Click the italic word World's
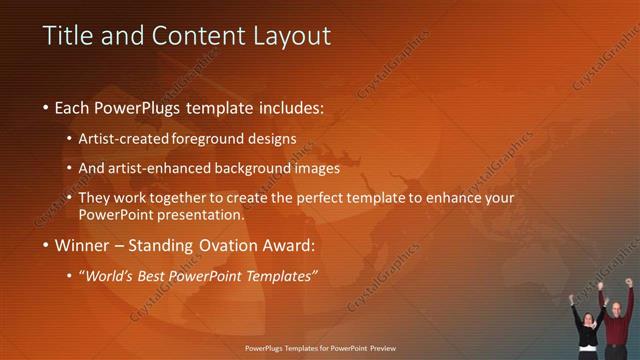tap(108, 275)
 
